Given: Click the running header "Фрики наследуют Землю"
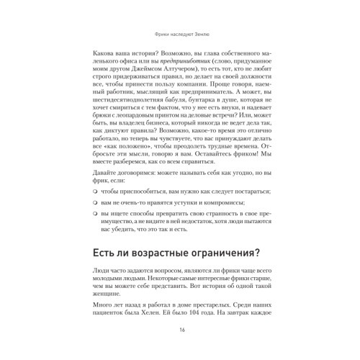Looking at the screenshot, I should pyautogui.click(x=180, y=33).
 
